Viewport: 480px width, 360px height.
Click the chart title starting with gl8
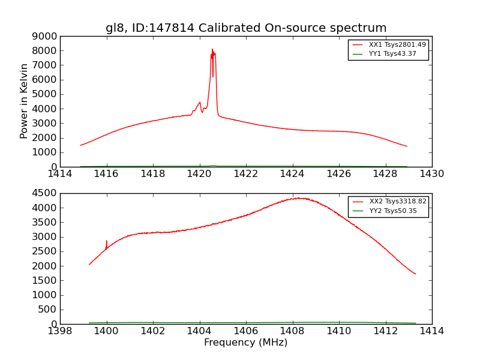[246, 28]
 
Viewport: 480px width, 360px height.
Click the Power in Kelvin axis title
[24, 101]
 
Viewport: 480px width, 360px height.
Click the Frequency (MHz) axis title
[246, 343]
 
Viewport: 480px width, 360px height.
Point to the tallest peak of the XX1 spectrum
[212, 50]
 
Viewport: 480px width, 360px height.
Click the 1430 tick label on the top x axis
[431, 173]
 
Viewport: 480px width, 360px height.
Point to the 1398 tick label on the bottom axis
[60, 331]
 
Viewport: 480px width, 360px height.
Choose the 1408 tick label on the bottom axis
[293, 331]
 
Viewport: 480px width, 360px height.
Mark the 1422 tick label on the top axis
[246, 173]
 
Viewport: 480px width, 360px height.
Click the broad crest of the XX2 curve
[298, 198]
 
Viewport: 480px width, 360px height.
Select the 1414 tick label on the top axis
[60, 173]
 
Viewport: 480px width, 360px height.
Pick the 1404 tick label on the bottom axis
[200, 331]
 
